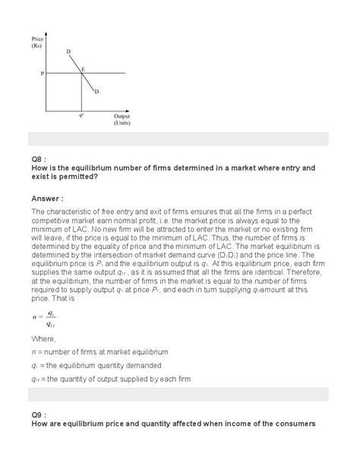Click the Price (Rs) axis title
tap(38, 41)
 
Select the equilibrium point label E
tap(84, 68)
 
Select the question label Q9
tap(37, 414)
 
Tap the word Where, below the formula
tap(44, 337)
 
